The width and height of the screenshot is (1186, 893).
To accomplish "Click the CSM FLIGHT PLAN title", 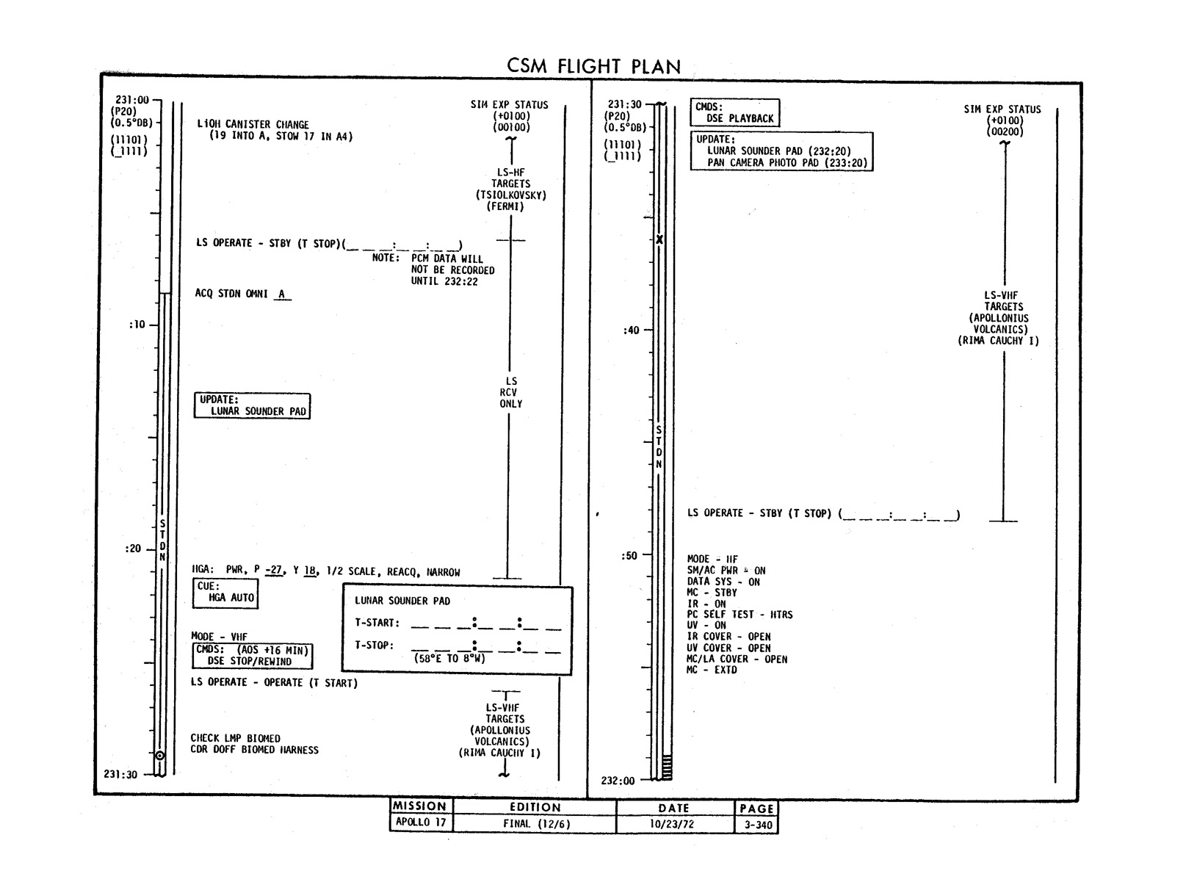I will point(593,66).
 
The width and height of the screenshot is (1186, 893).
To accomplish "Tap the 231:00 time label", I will point(132,100).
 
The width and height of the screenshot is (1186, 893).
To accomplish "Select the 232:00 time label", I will point(618,781).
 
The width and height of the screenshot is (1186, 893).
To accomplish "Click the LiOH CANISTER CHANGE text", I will point(253,125).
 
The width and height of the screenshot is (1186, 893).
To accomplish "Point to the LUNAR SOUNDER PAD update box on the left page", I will point(252,405).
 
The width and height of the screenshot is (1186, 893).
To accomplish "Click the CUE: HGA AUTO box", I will point(226,592).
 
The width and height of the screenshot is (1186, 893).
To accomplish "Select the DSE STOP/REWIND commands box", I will point(253,656).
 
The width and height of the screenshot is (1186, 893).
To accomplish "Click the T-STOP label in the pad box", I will point(374,646).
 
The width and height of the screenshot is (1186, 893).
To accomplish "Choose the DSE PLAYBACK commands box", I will point(734,112).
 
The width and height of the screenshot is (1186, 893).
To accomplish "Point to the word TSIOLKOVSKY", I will point(510,195).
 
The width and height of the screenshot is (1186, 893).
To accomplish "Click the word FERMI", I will point(505,207).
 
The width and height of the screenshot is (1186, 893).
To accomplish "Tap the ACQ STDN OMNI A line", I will point(242,294).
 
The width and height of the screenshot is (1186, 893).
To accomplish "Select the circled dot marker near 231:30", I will point(159,755).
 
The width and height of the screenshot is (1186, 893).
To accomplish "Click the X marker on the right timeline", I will point(659,240).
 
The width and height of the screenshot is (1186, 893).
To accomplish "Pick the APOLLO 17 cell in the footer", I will point(421,822).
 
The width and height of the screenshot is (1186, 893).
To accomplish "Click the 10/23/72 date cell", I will point(671,824).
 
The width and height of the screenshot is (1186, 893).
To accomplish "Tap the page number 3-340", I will point(756,824).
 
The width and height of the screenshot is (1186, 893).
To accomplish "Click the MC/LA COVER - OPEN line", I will point(737,659).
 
